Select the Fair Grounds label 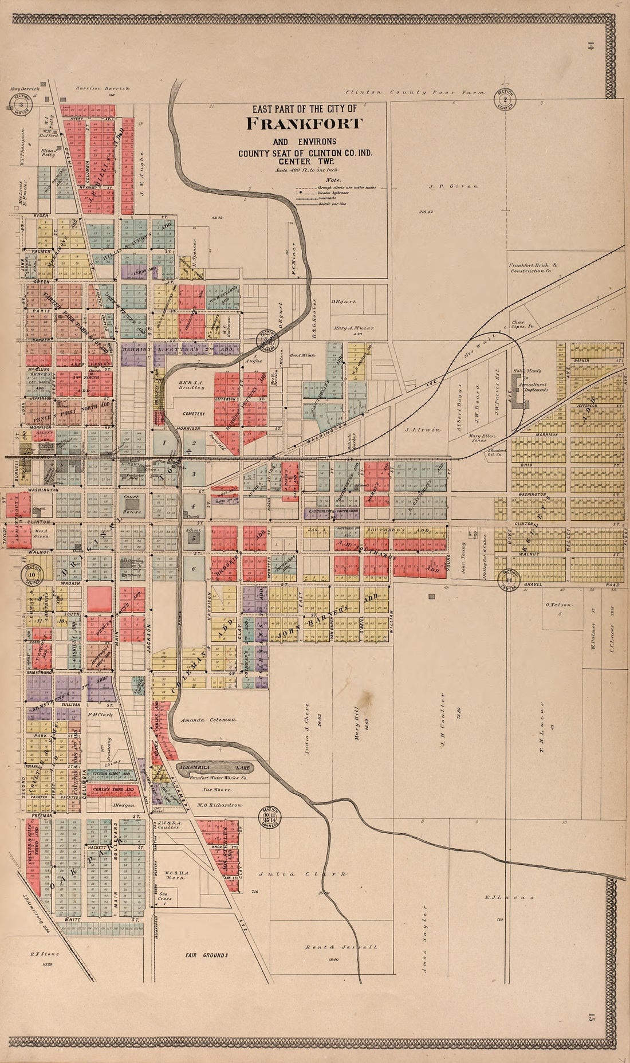pyautogui.click(x=206, y=955)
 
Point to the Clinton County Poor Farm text pyautogui.click(x=415, y=92)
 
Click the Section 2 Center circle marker pyautogui.click(x=505, y=101)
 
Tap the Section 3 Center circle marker pyautogui.click(x=21, y=104)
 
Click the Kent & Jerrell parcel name pyautogui.click(x=341, y=948)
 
